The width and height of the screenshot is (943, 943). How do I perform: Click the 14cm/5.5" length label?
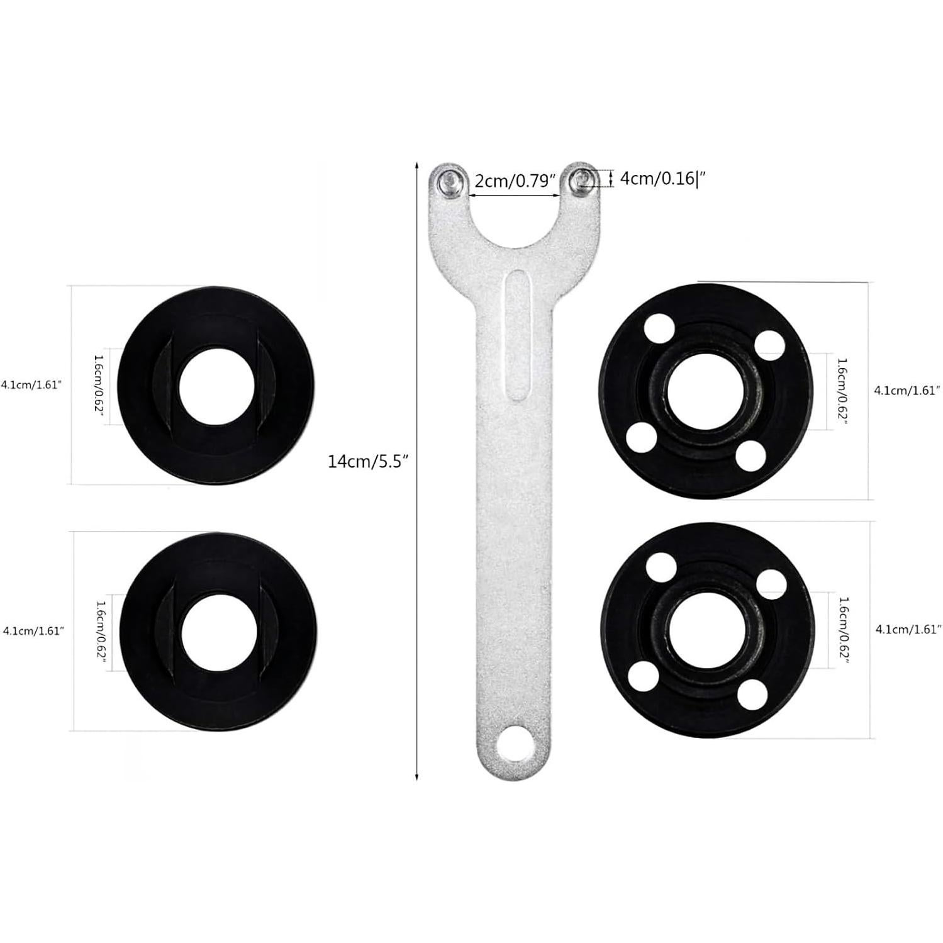368,461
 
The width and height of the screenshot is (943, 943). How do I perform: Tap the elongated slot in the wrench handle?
517,335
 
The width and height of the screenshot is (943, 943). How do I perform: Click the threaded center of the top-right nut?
704,391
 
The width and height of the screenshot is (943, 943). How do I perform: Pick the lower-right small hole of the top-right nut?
750,456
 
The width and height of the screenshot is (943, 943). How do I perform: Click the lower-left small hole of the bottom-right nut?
642,676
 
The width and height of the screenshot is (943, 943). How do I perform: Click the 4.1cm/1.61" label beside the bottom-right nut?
908,628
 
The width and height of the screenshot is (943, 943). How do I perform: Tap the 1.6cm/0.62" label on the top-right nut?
842,391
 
